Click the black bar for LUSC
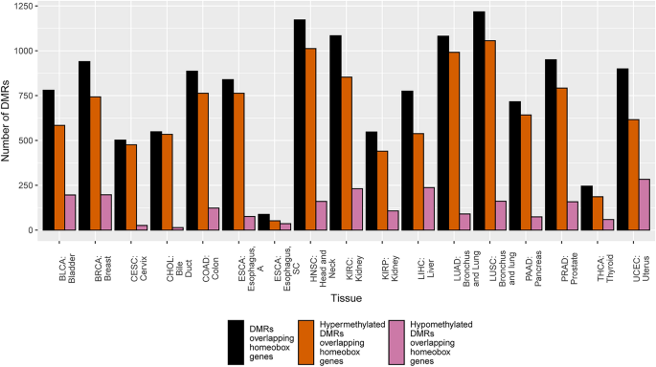point(479,120)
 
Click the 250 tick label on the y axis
point(24,185)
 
